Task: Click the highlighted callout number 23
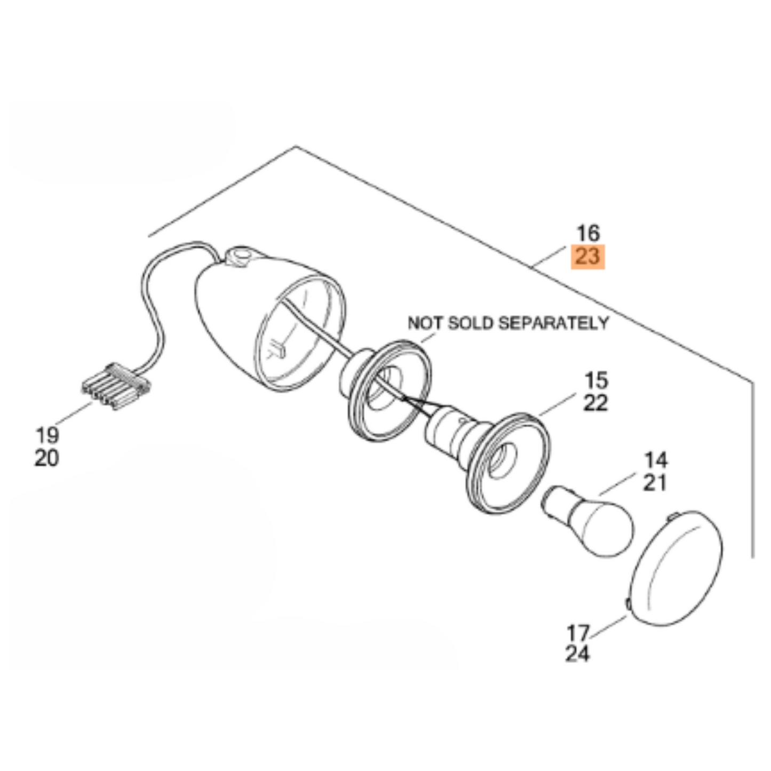[588, 257]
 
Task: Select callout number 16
[588, 233]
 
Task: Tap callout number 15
[595, 380]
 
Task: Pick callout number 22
[595, 403]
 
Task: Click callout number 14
[655, 459]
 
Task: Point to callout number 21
[655, 483]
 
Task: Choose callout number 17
[578, 633]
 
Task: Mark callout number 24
[578, 654]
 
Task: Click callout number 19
[47, 435]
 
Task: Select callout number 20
[47, 458]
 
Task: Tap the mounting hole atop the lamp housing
[240, 255]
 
